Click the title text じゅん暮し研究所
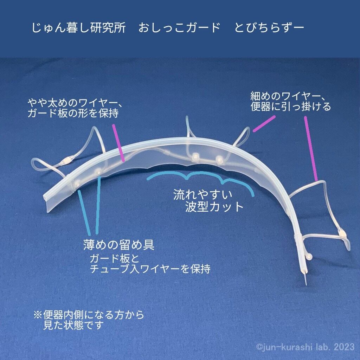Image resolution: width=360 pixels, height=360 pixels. [78, 28]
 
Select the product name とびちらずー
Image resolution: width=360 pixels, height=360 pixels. [269, 28]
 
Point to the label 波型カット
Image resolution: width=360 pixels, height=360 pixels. [214, 206]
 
